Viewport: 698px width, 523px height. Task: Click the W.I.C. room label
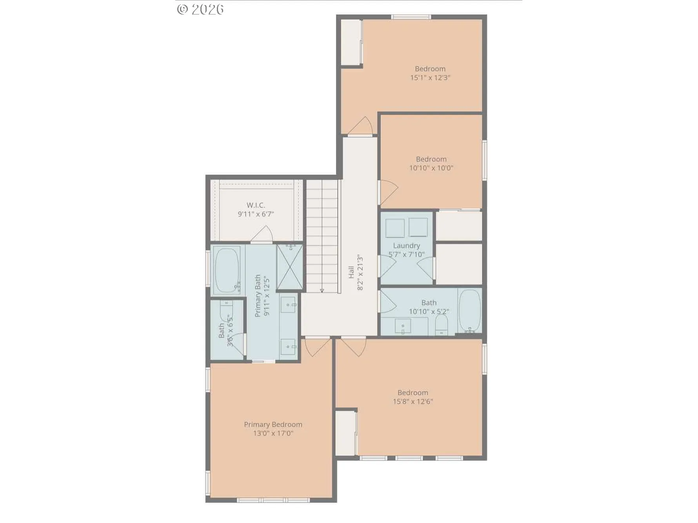(x=256, y=205)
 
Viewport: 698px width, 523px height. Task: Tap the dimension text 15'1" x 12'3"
(x=430, y=78)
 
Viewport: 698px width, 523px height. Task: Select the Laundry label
(x=406, y=246)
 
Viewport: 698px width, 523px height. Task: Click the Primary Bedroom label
(x=273, y=425)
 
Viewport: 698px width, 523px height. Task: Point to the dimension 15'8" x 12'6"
(x=413, y=401)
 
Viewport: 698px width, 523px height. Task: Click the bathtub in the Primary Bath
(x=227, y=270)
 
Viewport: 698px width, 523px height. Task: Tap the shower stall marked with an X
(x=290, y=267)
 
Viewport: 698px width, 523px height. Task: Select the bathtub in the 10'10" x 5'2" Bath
(x=469, y=311)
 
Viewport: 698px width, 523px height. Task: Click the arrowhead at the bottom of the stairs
(x=322, y=290)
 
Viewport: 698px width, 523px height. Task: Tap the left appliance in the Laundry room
(x=395, y=228)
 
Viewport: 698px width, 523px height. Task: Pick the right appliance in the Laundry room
(x=418, y=227)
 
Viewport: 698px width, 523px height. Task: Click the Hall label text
(x=351, y=272)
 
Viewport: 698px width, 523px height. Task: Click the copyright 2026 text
(x=200, y=9)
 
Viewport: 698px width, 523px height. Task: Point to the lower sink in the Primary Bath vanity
(x=289, y=347)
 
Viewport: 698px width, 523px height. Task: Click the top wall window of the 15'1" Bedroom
(x=411, y=17)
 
